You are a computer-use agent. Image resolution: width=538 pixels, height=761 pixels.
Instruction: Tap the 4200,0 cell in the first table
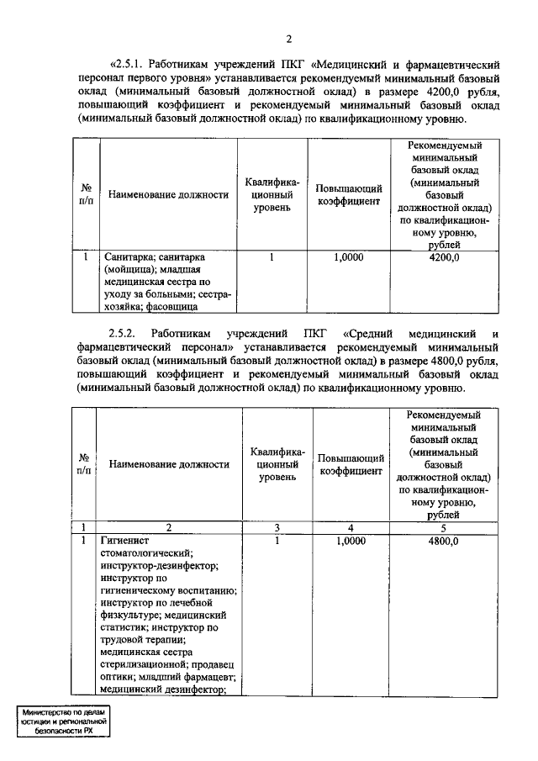(x=443, y=258)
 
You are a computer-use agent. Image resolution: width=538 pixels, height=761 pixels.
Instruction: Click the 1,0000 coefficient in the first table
(x=349, y=258)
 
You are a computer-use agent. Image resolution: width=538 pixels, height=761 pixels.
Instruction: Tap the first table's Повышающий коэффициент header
(x=349, y=195)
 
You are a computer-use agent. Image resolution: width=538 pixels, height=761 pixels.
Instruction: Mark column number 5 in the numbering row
(x=443, y=527)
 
